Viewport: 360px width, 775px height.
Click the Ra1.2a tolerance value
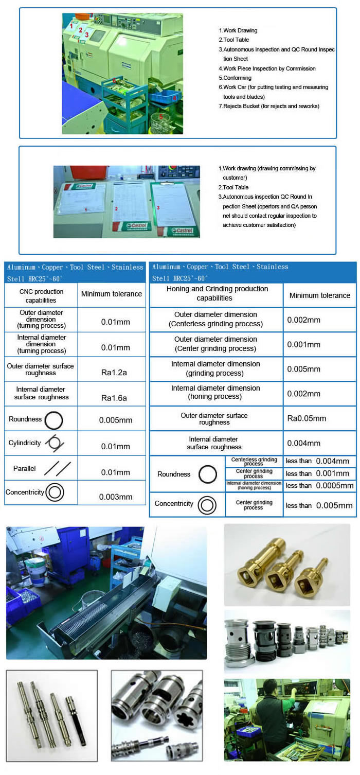(x=114, y=372)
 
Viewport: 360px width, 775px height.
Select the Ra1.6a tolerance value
(x=114, y=398)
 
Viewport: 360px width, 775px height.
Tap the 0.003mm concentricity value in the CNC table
(x=116, y=497)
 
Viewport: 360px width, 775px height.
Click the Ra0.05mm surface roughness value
(x=307, y=418)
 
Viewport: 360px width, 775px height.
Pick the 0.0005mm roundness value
(x=334, y=485)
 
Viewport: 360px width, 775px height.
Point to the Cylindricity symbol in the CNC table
(x=54, y=443)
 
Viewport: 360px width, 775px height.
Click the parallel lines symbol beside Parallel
(x=57, y=468)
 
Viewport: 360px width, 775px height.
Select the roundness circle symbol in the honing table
(x=208, y=474)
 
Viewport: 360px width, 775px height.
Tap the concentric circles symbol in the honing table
(x=207, y=504)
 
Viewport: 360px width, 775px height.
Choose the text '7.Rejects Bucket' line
(x=269, y=106)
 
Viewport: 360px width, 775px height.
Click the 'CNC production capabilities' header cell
(x=41, y=296)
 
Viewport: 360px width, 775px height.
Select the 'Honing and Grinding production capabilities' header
(x=217, y=293)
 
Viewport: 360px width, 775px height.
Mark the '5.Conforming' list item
(x=235, y=78)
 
